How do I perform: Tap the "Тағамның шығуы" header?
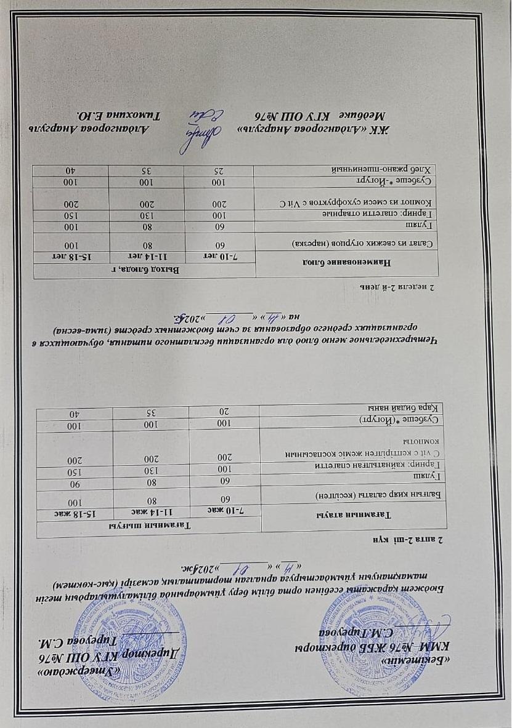pos(148,524)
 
